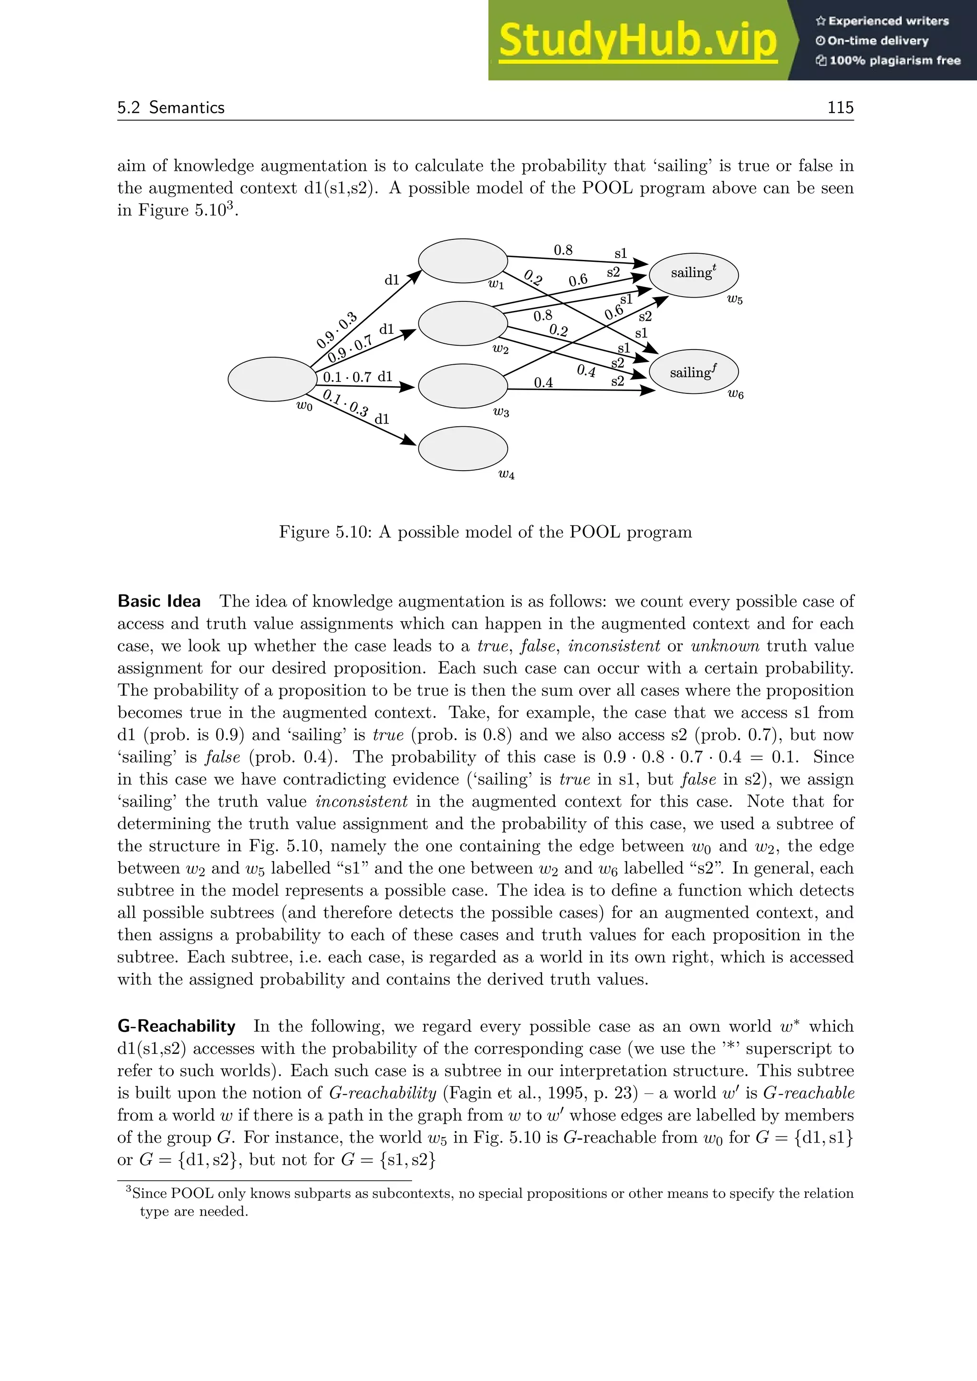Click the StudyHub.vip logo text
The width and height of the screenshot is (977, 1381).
click(x=638, y=41)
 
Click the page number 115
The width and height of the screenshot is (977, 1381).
click(x=840, y=107)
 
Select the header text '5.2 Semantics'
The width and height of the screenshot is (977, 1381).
click(x=171, y=107)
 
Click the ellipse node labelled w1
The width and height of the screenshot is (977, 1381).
click(x=463, y=260)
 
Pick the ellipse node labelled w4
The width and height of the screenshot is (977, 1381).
click(x=463, y=448)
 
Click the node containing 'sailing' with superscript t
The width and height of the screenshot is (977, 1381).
click(x=694, y=274)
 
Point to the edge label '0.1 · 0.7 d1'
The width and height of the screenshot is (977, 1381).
click(x=357, y=377)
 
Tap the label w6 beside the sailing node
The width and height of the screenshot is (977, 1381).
click(x=735, y=394)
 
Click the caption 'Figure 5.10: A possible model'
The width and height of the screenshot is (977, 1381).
click(x=485, y=532)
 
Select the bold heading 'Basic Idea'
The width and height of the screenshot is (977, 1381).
click(x=159, y=601)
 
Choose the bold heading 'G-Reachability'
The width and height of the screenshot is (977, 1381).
click(x=176, y=1026)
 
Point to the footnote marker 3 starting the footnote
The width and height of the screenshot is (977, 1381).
click(x=128, y=1189)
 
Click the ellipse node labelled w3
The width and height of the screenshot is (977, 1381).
click(x=463, y=386)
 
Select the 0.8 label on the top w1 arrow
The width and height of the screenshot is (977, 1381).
click(x=562, y=249)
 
